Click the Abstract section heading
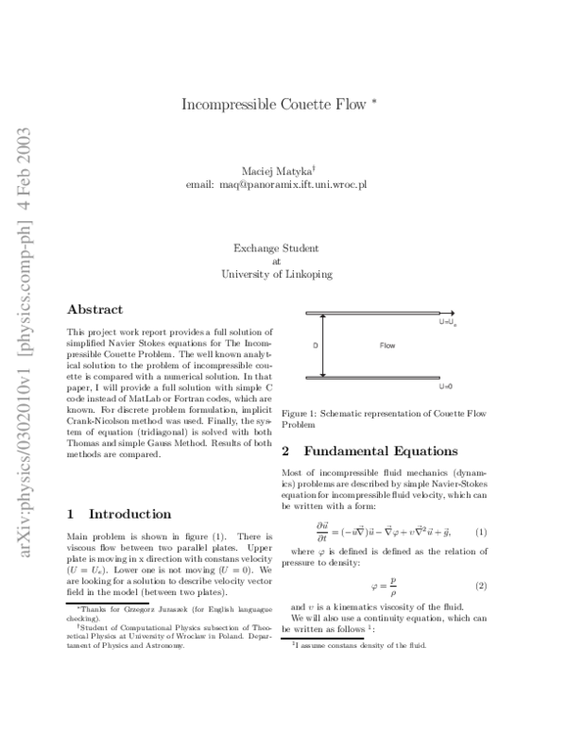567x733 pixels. coord(94,309)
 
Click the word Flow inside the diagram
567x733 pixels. coord(387,346)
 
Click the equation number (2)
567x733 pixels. coord(480,586)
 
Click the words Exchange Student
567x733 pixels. coord(276,248)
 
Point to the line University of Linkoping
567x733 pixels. coord(276,275)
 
